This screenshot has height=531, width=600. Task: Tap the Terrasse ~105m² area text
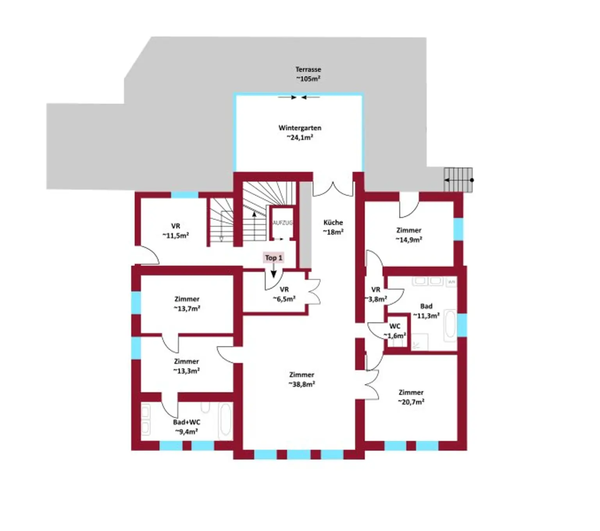[308, 74]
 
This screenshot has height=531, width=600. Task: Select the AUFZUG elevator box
[282, 223]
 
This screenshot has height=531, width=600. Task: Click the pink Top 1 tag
[273, 257]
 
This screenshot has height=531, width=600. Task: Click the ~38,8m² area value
[302, 384]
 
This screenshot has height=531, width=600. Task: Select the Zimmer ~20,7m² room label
[411, 397]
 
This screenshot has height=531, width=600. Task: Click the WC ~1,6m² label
[395, 331]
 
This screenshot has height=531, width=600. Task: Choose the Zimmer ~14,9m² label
[409, 235]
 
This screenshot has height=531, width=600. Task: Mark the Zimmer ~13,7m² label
[187, 304]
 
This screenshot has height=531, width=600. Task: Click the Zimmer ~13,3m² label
[186, 366]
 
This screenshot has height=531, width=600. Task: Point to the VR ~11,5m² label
[175, 231]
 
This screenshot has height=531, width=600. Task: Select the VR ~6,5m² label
[284, 294]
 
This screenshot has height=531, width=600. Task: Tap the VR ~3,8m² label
[376, 294]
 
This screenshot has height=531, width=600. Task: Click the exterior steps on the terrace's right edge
[458, 180]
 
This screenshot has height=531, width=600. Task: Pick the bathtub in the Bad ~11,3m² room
[450, 324]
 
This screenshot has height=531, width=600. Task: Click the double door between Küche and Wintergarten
[332, 189]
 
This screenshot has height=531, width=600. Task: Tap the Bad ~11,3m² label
[426, 311]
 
